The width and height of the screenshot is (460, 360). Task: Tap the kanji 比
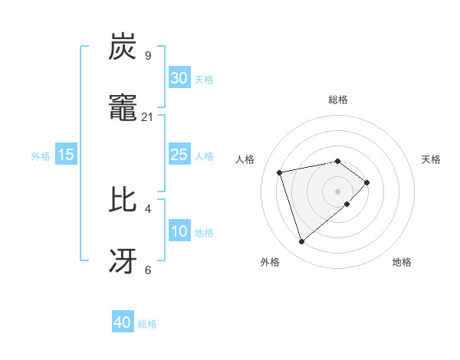[x=123, y=200]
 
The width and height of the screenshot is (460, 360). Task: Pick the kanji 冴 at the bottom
[x=123, y=261]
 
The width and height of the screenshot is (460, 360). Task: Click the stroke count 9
[x=147, y=55]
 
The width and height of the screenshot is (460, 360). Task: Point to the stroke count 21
[x=147, y=116]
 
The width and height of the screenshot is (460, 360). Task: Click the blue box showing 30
[x=179, y=78]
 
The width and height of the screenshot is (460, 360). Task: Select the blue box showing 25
[x=179, y=155]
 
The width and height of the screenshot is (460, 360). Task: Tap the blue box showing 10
[x=179, y=231]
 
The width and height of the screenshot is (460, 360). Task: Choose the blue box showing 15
[x=66, y=155]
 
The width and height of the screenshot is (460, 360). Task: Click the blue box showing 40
[x=123, y=322]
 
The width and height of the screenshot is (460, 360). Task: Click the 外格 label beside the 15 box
[x=41, y=155]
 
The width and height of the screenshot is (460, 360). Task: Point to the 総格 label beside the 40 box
[x=147, y=324]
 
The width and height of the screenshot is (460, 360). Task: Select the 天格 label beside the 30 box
[x=204, y=79]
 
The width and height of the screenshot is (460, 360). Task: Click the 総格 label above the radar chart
[x=338, y=100]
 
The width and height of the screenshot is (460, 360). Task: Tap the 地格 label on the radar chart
[x=402, y=263]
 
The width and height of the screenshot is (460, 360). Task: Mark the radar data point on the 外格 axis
[x=302, y=241]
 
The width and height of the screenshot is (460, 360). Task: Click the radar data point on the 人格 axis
[x=280, y=172]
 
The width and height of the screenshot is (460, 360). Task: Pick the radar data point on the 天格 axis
[x=367, y=182]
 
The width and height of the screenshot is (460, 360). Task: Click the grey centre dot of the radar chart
[x=338, y=191]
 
